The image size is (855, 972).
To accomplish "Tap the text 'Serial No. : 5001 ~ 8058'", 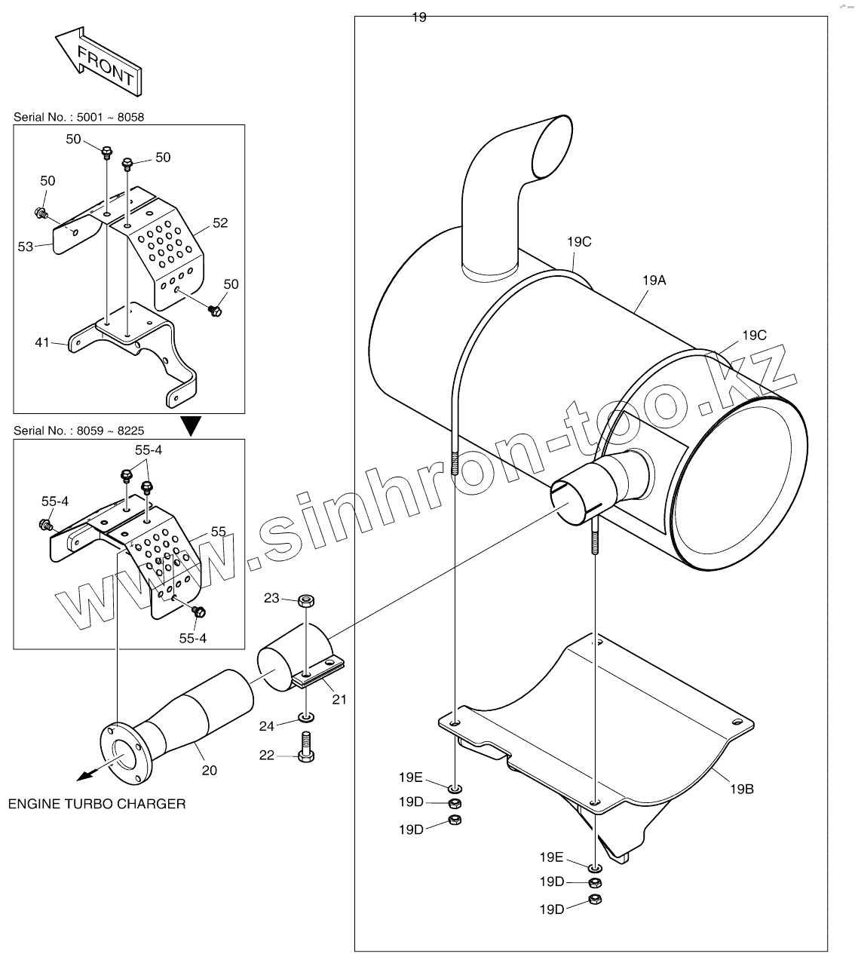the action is (x=78, y=117).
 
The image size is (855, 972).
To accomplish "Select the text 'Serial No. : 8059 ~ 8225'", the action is (x=78, y=431).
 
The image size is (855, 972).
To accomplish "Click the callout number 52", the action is (x=219, y=223).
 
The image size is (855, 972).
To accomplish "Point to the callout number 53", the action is (x=26, y=247).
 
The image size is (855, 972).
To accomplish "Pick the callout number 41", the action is (x=41, y=342).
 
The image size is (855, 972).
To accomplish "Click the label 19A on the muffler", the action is (x=654, y=281).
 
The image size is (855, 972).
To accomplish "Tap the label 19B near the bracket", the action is (x=741, y=789).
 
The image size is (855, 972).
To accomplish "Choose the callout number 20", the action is (x=209, y=770).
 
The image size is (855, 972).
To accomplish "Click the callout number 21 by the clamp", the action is (x=339, y=699).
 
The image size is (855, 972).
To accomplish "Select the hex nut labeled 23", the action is (x=305, y=601).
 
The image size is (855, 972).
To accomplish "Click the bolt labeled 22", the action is (x=306, y=747).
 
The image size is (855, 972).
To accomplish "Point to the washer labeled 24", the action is (x=306, y=715).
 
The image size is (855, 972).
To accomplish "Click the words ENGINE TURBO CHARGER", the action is (x=97, y=804).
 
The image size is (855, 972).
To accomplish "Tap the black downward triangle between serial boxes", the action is (x=193, y=427).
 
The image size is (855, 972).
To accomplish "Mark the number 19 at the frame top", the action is (x=419, y=17).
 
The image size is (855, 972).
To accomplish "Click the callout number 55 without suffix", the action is (x=218, y=532).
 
